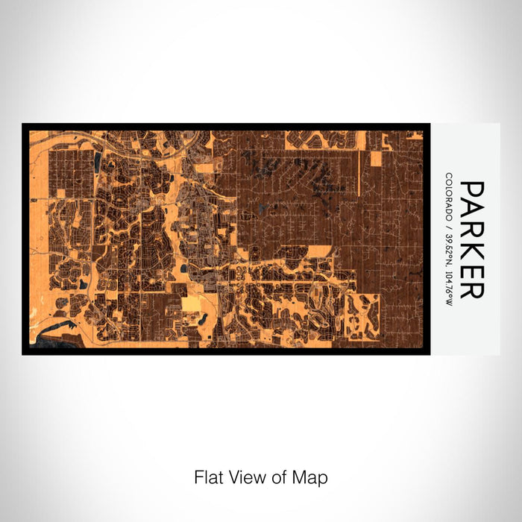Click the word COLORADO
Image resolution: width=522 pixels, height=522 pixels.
point(449,197)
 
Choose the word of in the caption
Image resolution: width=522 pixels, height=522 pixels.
point(274,477)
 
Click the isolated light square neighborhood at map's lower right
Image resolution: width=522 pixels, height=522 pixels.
point(361,314)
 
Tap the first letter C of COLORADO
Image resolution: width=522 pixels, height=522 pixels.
point(449,177)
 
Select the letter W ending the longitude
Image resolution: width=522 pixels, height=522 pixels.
point(449,302)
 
